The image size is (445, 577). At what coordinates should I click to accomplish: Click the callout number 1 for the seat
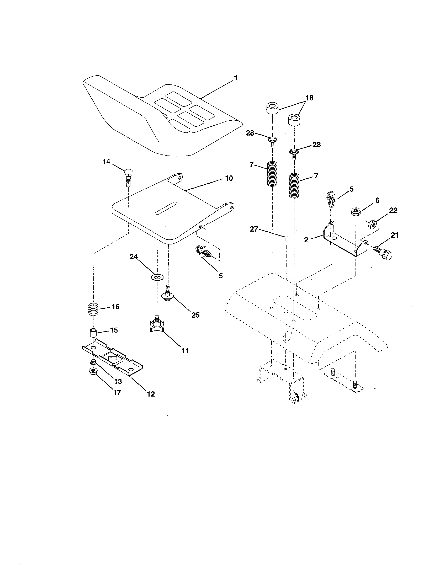pyautogui.click(x=235, y=78)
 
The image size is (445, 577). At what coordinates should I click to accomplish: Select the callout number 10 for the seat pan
pyautogui.click(x=229, y=178)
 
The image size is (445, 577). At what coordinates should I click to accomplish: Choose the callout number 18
pyautogui.click(x=309, y=98)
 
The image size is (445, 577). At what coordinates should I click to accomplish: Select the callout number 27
pyautogui.click(x=254, y=229)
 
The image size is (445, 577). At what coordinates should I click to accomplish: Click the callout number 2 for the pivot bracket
pyautogui.click(x=306, y=240)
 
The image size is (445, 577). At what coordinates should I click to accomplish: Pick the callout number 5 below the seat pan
pyautogui.click(x=221, y=276)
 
